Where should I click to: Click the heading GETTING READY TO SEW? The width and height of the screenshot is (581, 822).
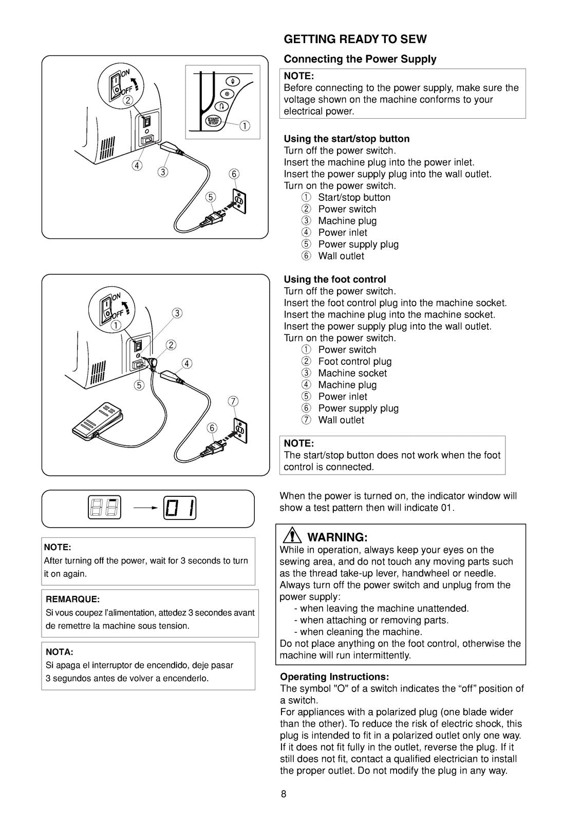tap(355, 40)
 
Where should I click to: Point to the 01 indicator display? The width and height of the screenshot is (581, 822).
tap(181, 509)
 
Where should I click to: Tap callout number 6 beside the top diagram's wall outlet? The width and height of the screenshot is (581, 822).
tap(234, 174)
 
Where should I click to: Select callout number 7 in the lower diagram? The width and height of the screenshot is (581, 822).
tap(233, 401)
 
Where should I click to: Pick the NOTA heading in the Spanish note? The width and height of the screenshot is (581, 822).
tap(60, 652)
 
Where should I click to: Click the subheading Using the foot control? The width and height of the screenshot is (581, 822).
tap(334, 279)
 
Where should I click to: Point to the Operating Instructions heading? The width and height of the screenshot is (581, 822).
tap(334, 677)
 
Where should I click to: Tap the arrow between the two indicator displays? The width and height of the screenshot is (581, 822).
tap(145, 509)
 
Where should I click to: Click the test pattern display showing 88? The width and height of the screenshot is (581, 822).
tap(105, 509)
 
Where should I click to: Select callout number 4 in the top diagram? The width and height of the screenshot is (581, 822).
tap(137, 165)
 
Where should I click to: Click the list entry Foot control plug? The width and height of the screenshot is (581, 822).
tap(354, 362)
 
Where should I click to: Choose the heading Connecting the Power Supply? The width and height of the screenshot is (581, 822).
tap(360, 59)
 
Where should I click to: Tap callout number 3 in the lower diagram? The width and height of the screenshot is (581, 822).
tap(177, 313)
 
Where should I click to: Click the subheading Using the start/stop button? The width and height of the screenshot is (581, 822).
tap(347, 139)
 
